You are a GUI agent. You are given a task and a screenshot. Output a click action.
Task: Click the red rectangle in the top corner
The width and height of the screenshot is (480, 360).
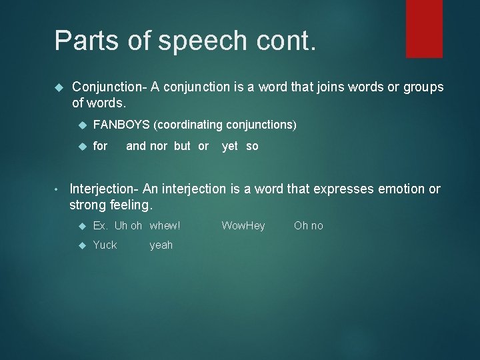pos(424,28)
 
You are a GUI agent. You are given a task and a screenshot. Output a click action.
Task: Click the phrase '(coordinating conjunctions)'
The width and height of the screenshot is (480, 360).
pos(225,125)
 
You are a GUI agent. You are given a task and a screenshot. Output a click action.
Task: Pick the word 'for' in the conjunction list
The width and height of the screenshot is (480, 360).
pos(100,146)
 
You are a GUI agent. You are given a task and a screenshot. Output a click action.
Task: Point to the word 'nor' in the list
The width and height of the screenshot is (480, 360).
pos(159,146)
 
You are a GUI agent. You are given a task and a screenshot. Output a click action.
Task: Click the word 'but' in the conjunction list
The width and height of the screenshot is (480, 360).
pos(182,146)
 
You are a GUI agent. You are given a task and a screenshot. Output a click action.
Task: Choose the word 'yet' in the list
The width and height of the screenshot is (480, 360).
pos(230,146)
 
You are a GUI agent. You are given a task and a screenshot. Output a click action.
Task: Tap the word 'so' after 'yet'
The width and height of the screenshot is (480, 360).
pos(252,146)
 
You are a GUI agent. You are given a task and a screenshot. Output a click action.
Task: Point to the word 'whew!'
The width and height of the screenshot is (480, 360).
pos(165,226)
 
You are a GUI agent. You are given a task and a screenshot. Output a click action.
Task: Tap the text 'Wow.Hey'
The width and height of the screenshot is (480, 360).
pos(243,226)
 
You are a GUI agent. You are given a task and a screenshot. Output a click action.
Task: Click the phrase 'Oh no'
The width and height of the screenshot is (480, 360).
pos(308,226)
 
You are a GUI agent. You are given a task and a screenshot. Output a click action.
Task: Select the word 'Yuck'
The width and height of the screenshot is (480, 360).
pos(105,245)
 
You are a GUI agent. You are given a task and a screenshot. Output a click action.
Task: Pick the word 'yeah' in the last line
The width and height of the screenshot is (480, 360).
pos(161,245)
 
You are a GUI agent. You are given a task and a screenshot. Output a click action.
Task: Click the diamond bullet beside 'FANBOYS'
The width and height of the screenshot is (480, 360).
pos(83,125)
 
